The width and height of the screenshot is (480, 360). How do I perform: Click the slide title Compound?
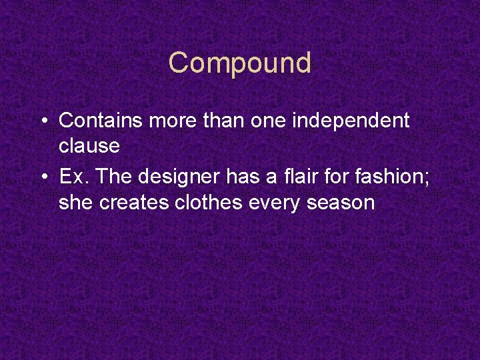click(240, 63)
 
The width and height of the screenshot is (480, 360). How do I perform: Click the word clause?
click(89, 145)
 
